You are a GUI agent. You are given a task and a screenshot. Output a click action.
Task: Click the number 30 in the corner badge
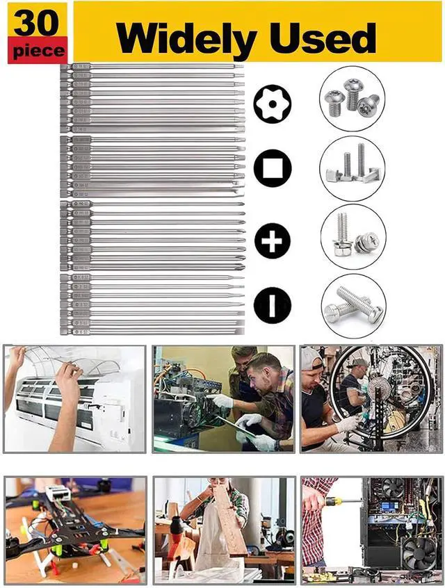[x=38, y=23]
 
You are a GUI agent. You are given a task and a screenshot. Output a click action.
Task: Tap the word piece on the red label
[x=38, y=51]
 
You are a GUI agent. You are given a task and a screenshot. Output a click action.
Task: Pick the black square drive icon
[x=272, y=169]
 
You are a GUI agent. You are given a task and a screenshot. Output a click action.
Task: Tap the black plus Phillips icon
[x=272, y=240]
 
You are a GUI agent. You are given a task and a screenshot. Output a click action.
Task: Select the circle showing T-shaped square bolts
[x=352, y=168]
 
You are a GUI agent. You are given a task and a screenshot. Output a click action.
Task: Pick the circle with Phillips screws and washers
[x=353, y=237]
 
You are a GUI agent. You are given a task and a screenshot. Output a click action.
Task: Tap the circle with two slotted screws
[x=353, y=305]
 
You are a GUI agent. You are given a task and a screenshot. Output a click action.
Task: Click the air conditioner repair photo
[x=74, y=399]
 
